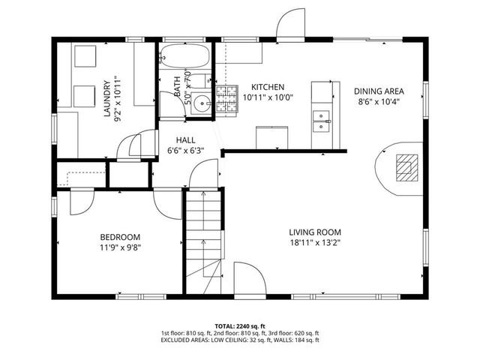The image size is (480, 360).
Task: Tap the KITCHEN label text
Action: point(267,86)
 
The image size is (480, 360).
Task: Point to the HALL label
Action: point(186,140)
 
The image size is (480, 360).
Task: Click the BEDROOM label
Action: point(121,236)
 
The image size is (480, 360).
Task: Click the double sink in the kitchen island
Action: point(322,119)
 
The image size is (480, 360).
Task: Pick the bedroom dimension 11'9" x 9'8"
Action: point(121,246)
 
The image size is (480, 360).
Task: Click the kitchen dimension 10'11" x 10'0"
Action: point(267,97)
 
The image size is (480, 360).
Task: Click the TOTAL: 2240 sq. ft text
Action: point(239,325)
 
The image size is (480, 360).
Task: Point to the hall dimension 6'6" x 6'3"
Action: point(186,151)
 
